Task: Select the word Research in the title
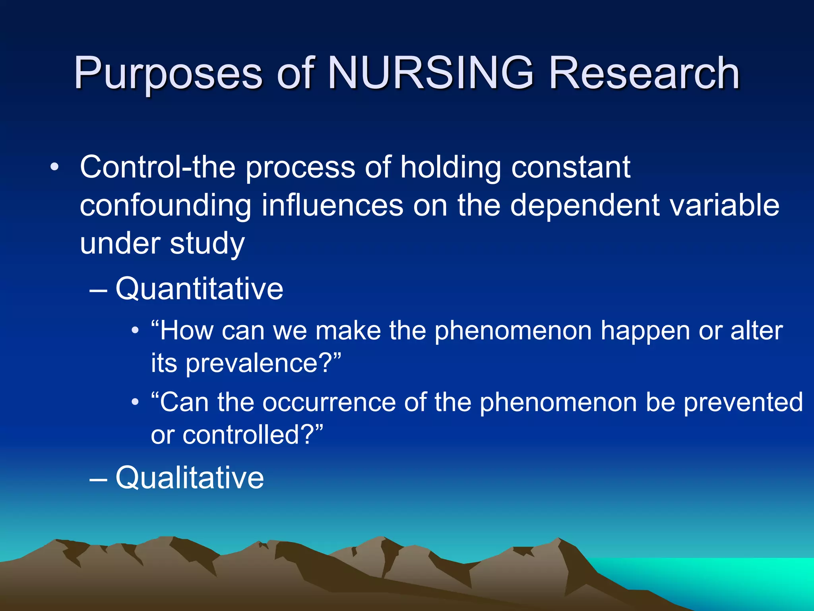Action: tap(644, 73)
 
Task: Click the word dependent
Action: tap(584, 205)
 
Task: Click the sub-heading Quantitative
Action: tap(199, 288)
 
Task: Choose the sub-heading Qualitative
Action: tap(190, 477)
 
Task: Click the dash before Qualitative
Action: tap(98, 479)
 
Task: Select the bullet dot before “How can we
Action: tap(135, 331)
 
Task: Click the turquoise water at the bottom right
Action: tap(735, 581)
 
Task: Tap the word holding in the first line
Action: tap(450, 167)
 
